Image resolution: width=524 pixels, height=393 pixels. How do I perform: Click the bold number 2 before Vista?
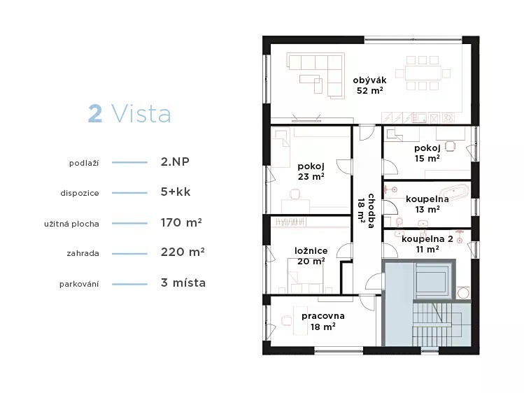[95, 113]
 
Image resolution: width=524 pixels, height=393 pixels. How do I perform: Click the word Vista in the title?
[141, 113]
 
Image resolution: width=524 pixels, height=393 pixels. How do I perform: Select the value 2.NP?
[175, 162]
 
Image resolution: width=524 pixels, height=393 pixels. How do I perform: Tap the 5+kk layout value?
[176, 192]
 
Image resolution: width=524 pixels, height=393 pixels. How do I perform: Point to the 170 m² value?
[181, 222]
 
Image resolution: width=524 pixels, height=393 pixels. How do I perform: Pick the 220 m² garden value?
[183, 252]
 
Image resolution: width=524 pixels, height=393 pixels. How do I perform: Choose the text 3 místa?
[183, 283]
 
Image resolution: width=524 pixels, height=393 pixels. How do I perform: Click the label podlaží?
[84, 163]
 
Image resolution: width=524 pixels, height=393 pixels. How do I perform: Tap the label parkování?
[79, 284]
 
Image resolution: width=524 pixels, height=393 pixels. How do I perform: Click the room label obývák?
[369, 80]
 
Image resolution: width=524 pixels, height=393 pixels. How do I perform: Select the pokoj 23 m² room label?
[311, 171]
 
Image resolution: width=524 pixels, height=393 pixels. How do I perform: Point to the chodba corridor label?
[371, 210]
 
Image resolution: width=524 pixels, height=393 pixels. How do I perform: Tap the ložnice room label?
[311, 251]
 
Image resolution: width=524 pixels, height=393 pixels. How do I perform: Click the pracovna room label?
[323, 316]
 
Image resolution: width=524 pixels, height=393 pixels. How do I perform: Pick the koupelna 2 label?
[427, 239]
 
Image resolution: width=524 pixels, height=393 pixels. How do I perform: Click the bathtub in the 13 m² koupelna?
[454, 192]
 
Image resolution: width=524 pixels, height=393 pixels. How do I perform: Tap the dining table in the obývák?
[423, 73]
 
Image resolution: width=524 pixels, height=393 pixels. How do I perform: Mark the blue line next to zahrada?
[129, 254]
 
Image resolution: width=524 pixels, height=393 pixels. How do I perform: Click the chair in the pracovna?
[286, 320]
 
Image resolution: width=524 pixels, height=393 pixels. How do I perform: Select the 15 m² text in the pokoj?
[427, 159]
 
